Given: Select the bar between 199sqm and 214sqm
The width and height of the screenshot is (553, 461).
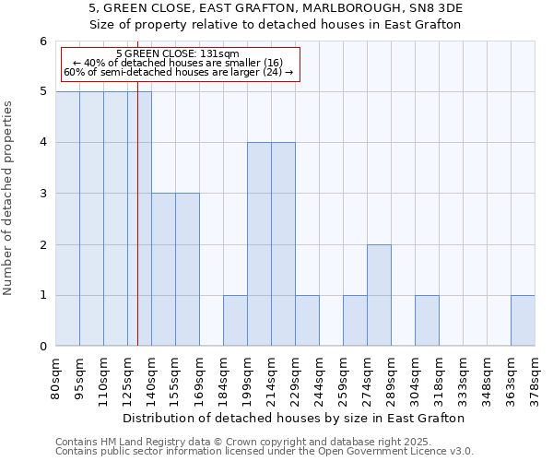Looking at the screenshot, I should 259,244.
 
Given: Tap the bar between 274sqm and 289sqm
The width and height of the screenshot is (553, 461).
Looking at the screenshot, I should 379,295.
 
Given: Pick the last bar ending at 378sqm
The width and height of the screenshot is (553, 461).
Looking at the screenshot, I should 523,321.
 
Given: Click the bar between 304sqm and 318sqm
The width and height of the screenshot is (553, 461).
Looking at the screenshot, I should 427,321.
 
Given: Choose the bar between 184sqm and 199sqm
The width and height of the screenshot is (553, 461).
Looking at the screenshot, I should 235,321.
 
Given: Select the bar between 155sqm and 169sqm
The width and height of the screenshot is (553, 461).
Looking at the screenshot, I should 187,269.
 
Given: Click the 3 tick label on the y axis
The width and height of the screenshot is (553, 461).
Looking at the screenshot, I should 42,194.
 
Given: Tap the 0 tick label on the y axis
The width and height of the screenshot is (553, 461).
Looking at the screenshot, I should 42,347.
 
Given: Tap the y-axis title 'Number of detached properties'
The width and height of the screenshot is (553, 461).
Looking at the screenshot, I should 8,198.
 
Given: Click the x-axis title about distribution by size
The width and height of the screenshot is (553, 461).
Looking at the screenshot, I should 295,418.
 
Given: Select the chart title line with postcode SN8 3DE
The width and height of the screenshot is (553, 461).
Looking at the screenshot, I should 276,8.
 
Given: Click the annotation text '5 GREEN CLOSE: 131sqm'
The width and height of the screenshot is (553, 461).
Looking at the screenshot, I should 179,53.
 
